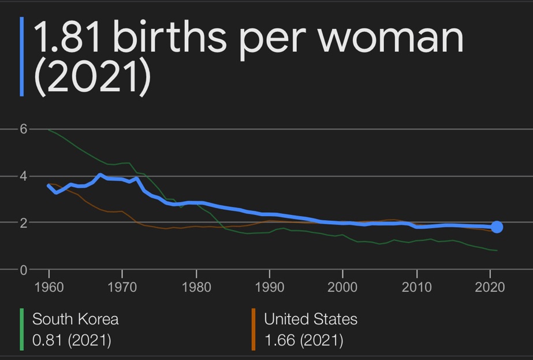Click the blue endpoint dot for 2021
coord(496,227)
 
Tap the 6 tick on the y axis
coord(24,129)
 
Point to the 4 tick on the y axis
coord(24,176)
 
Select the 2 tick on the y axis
coord(24,222)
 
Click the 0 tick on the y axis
coord(24,269)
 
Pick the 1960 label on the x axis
coord(49,287)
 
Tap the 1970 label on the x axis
coord(122,287)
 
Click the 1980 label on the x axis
coord(196,287)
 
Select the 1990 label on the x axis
coord(269,287)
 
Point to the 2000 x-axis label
coord(342,287)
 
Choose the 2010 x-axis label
coord(416,287)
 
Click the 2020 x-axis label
coord(489,287)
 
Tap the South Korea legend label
coord(75,319)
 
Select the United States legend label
coord(311,319)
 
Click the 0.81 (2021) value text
coord(72,340)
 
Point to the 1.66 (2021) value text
coord(303,340)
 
